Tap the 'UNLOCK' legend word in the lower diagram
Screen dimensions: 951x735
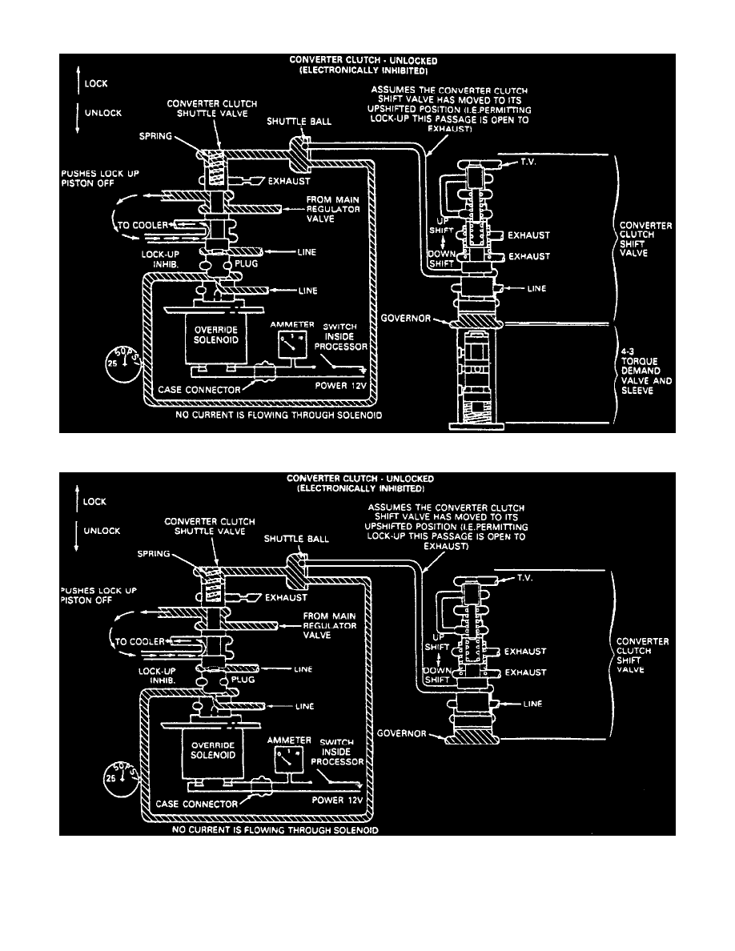(x=104, y=531)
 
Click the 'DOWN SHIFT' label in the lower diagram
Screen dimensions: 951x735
(x=437, y=672)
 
